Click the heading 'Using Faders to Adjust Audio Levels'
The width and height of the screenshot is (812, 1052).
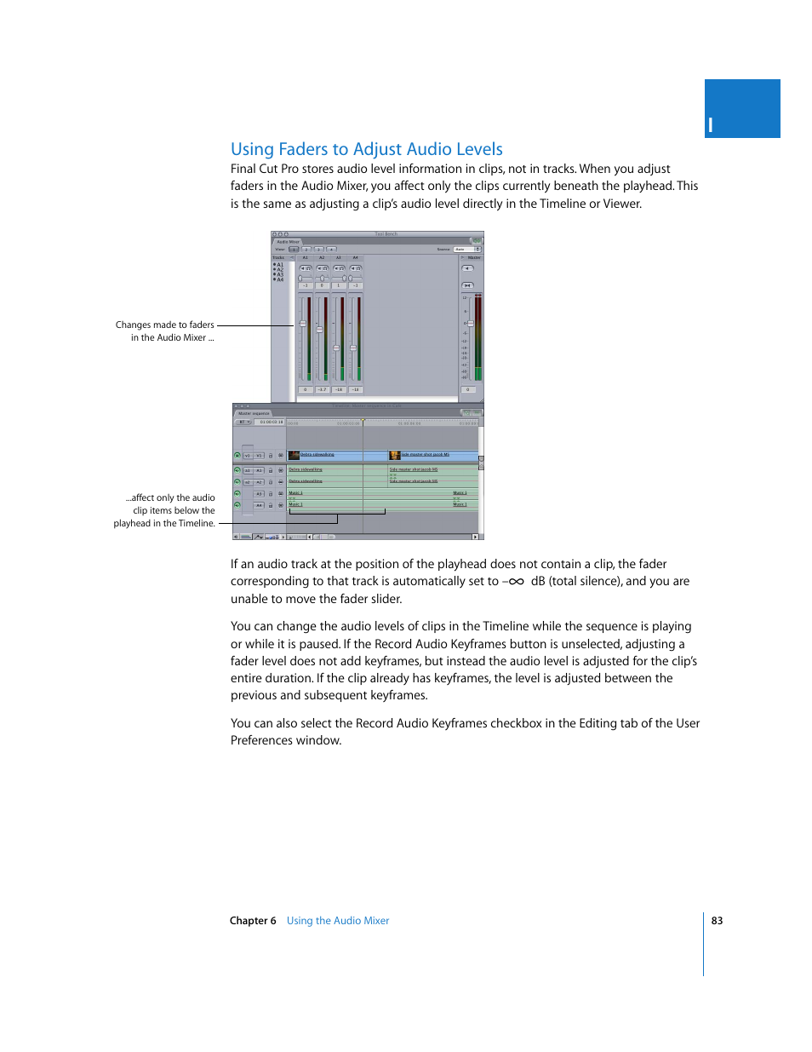366,149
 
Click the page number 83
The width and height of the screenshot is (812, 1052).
717,921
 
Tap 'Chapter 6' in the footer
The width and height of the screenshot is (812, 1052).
253,921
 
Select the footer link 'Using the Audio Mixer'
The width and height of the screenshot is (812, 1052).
338,921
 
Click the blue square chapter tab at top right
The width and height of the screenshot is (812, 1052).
742,108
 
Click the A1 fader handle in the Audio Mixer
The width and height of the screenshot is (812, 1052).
302,324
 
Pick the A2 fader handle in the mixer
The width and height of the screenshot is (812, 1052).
319,329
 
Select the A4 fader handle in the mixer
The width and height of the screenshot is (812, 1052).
352,348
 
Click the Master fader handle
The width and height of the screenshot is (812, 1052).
470,324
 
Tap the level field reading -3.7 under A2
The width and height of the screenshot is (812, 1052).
322,389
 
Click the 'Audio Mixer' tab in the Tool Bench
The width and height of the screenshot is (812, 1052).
288,242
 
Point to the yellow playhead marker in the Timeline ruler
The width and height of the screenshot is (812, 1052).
363,420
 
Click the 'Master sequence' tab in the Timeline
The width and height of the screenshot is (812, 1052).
254,413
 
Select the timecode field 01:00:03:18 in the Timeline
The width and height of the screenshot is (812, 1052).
272,422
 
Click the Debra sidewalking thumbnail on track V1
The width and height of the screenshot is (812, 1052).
294,455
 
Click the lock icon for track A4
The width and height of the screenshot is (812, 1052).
271,505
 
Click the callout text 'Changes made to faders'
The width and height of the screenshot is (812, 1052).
164,325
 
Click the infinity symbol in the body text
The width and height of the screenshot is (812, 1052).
516,582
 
